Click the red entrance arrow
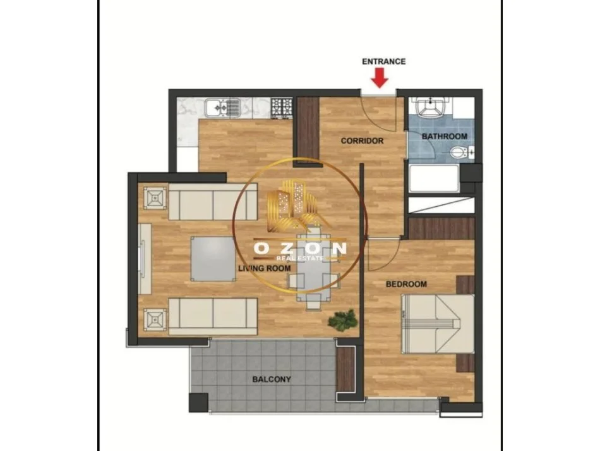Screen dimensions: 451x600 pyautogui.click(x=380, y=78)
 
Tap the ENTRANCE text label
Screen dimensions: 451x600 pyautogui.click(x=383, y=61)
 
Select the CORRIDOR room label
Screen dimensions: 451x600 pyautogui.click(x=362, y=140)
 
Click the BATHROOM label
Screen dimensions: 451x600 pyautogui.click(x=445, y=136)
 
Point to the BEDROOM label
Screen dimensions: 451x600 pyautogui.click(x=406, y=284)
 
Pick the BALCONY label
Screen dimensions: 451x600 pyautogui.click(x=272, y=380)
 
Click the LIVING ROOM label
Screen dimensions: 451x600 pyautogui.click(x=264, y=268)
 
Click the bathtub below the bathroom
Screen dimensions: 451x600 pyautogui.click(x=436, y=179)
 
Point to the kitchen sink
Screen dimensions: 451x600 pyautogui.click(x=224, y=108)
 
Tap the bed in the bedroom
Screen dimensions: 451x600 pyautogui.click(x=438, y=323)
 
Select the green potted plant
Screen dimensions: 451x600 pyautogui.click(x=342, y=320)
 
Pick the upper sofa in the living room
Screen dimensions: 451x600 pyautogui.click(x=212, y=202)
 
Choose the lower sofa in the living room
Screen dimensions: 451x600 pyautogui.click(x=212, y=314)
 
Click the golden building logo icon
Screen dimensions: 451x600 pyautogui.click(x=293, y=204)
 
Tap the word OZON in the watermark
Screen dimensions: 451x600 pyautogui.click(x=300, y=248)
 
